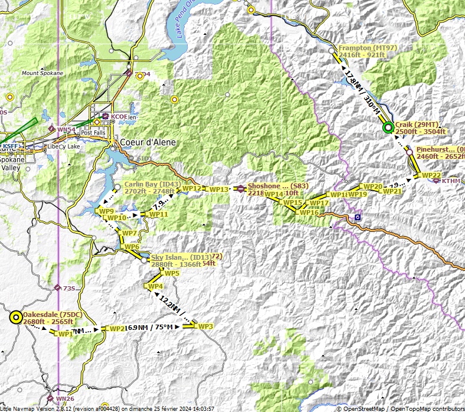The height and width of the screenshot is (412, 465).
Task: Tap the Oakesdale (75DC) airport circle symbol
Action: click(16, 318)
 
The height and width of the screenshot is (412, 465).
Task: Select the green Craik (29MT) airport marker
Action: click(388, 127)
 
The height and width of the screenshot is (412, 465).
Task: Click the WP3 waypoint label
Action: click(205, 326)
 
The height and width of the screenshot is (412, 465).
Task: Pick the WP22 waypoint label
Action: click(431, 175)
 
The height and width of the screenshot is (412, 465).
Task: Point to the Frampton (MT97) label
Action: click(368, 48)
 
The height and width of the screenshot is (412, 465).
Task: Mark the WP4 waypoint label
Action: click(155, 287)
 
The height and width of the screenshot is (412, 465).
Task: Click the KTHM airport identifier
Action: click(451, 181)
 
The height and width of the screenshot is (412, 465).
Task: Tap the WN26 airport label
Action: click(65, 399)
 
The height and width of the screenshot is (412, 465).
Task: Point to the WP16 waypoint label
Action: click(309, 212)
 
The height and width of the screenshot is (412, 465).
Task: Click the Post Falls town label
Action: click(93, 133)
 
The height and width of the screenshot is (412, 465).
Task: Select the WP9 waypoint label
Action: click(106, 211)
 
